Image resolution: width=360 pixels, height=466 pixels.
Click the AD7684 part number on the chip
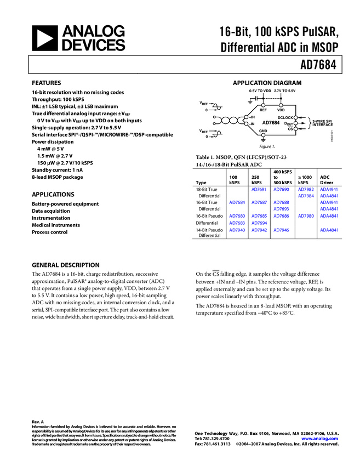pyautogui.click(x=271, y=123)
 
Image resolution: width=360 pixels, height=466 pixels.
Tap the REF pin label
pyautogui.click(x=263, y=110)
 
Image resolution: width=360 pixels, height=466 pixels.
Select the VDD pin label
pyautogui.click(x=281, y=110)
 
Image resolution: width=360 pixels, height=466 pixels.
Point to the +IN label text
pyautogui.click(x=252, y=117)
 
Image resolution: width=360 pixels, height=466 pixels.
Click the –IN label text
pyautogui.click(x=252, y=124)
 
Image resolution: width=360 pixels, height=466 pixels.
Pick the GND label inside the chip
pyautogui.click(x=263, y=131)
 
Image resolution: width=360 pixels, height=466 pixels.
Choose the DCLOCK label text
pyautogui.click(x=285, y=117)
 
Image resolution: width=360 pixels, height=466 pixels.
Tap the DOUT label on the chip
pyautogui.click(x=288, y=124)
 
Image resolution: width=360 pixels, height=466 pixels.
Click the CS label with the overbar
pyautogui.click(x=290, y=129)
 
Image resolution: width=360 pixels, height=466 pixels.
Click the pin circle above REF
pyautogui.click(x=263, y=105)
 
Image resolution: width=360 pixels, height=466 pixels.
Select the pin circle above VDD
pyautogui.click(x=281, y=105)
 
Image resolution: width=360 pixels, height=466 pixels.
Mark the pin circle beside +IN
pyautogui.click(x=247, y=117)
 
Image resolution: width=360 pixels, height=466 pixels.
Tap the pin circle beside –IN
pyautogui.click(x=247, y=124)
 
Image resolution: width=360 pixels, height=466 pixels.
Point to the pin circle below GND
pyautogui.click(x=263, y=135)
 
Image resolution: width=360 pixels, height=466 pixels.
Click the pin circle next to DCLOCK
pyautogui.click(x=296, y=117)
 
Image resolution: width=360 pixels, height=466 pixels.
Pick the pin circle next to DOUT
pyautogui.click(x=296, y=123)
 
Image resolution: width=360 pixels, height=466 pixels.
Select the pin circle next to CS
pyautogui.click(x=296, y=129)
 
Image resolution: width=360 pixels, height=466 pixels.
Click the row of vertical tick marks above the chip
pyautogui.click(x=272, y=99)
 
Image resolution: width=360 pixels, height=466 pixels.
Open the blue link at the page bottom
pyautogui.click(x=319, y=439)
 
